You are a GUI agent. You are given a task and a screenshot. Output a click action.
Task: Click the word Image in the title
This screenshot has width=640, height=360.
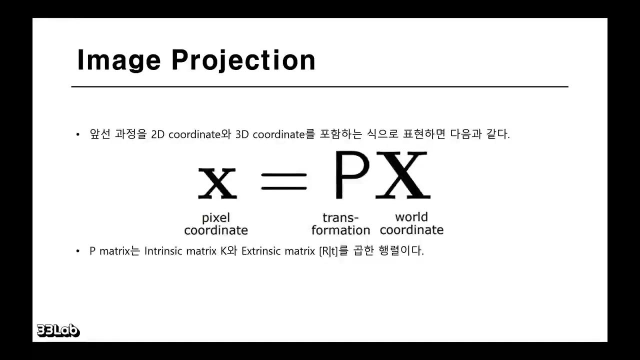click(x=119, y=61)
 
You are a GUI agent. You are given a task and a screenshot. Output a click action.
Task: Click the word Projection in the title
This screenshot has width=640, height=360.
click(x=243, y=61)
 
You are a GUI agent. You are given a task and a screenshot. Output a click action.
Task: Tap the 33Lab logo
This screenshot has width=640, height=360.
click(x=58, y=330)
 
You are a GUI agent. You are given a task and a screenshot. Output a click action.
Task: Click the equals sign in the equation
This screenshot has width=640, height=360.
click(x=284, y=181)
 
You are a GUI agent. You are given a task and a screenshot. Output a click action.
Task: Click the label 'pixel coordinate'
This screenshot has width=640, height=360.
click(x=216, y=224)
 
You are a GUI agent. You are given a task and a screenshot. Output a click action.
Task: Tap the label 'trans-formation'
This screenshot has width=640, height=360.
click(x=340, y=224)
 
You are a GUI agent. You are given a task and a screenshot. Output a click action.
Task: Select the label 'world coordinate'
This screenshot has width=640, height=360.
click(x=411, y=223)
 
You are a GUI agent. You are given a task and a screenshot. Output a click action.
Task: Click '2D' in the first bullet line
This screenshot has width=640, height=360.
click(x=158, y=134)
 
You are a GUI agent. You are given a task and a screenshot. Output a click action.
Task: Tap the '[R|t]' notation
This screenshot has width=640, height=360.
click(x=328, y=251)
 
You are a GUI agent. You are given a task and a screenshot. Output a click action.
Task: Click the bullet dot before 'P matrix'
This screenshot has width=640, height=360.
click(x=78, y=251)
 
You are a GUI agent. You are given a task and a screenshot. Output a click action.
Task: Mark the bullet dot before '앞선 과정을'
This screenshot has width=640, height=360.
click(x=78, y=135)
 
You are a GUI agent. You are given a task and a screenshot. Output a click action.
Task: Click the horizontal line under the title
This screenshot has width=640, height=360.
click(x=320, y=87)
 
